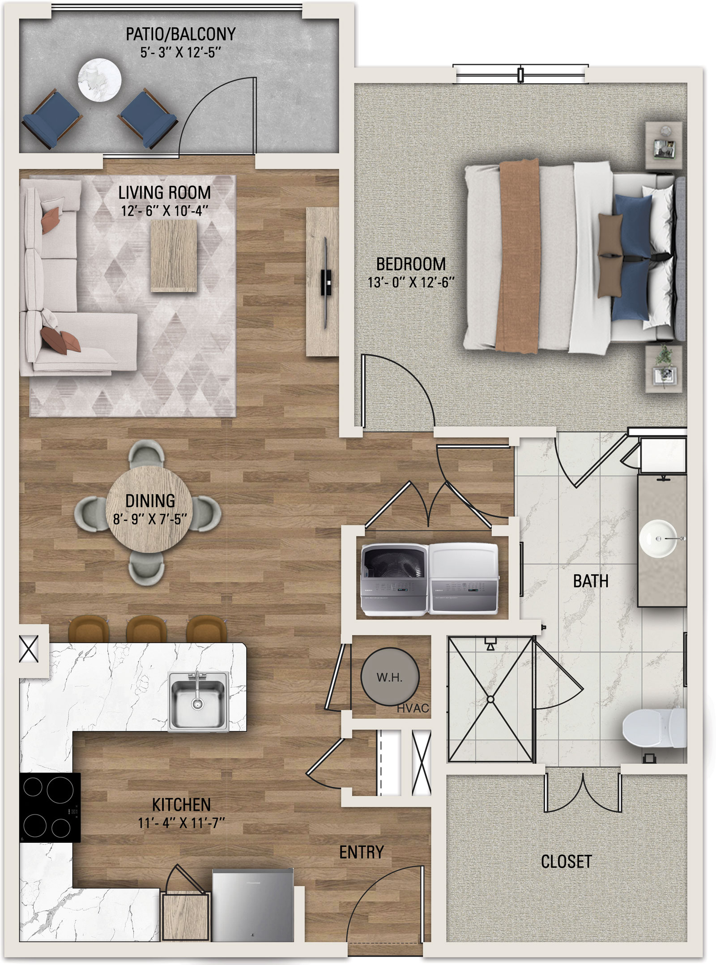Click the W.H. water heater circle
coord(390,676)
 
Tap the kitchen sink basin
coord(198,701)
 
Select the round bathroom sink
coord(658,538)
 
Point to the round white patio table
coord(99,81)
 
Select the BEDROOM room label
coord(411,264)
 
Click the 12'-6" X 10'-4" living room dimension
coord(165,211)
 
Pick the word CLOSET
coord(567,862)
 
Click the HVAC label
coord(413,709)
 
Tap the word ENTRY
coord(362,852)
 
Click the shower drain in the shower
coord(490,699)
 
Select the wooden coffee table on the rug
coord(174,256)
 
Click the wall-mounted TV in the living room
coord(326,283)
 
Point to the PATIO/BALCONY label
coord(180,34)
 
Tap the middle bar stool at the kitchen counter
coord(146,629)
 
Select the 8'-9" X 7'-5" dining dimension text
coord(150,519)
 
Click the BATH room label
coord(591,581)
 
